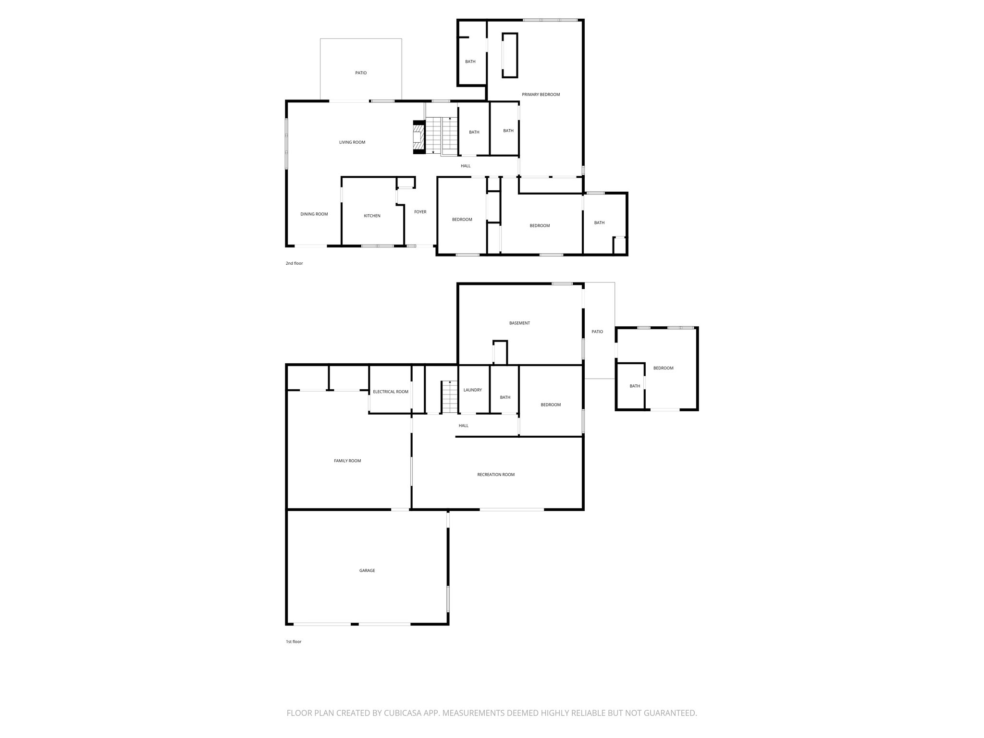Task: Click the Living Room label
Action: click(x=352, y=142)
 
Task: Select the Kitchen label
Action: click(x=372, y=216)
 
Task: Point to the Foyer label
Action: click(x=420, y=212)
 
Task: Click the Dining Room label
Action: click(x=314, y=214)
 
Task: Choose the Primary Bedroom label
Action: click(x=541, y=95)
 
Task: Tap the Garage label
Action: click(x=367, y=571)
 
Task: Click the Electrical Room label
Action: click(x=391, y=392)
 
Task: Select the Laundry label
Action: click(x=472, y=390)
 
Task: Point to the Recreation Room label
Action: click(x=496, y=475)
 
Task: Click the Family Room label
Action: click(x=347, y=461)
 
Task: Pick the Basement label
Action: click(x=519, y=323)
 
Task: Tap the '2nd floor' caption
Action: click(x=294, y=263)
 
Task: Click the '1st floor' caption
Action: click(x=293, y=641)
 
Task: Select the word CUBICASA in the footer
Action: click(x=403, y=713)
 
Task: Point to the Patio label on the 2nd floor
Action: click(x=361, y=73)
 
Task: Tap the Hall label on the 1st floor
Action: click(x=463, y=426)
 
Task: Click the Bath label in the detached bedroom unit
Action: click(x=635, y=386)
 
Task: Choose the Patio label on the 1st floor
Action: click(x=597, y=332)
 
